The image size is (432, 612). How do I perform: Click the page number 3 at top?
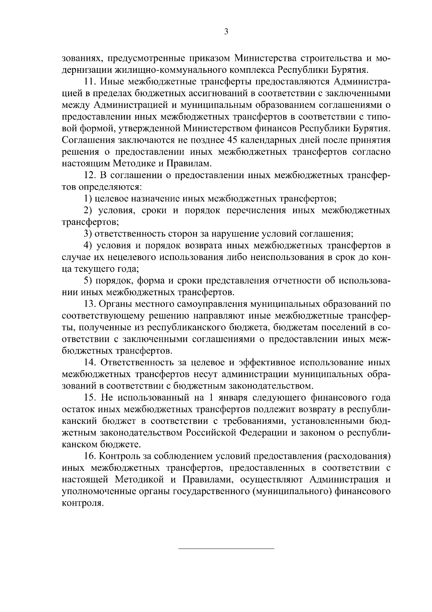tap(226, 32)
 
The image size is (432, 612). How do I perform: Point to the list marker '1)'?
tap(88, 198)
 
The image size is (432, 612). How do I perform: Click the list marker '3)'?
tap(88, 234)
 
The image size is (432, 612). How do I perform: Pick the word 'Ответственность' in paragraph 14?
tap(137, 363)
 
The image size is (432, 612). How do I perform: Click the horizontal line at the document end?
tap(226, 549)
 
